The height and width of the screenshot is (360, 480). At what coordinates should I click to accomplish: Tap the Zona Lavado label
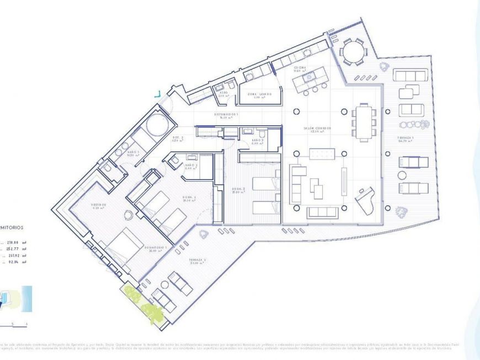click(x=259, y=95)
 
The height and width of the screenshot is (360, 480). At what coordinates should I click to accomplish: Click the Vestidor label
click(x=99, y=205)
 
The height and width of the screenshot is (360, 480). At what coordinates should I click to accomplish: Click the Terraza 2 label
click(x=197, y=261)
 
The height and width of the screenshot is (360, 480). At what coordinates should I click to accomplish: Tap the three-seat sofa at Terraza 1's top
click(x=410, y=75)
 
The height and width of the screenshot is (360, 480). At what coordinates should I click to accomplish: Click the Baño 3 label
click(x=258, y=141)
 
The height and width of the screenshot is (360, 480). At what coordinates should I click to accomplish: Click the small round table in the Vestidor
click(x=129, y=216)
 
